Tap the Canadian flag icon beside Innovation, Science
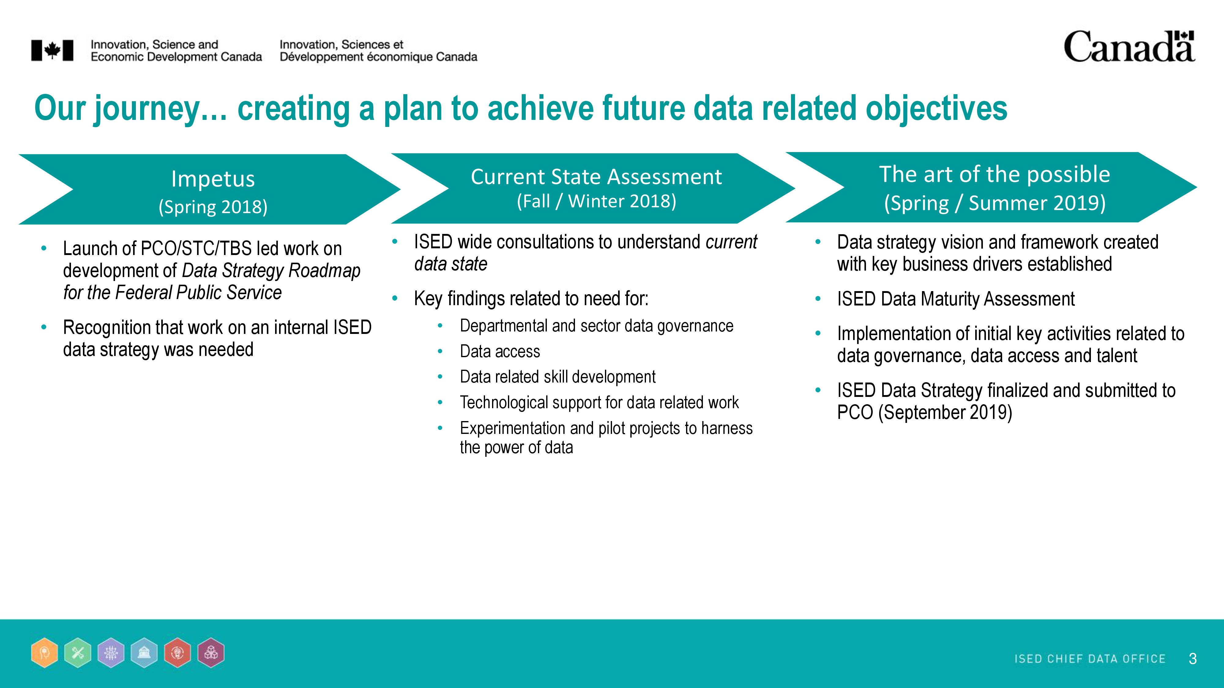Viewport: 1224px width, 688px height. (x=52, y=50)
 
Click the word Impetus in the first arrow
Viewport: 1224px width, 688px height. (x=213, y=179)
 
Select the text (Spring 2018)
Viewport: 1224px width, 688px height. (x=213, y=206)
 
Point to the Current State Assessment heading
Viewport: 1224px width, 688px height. (x=596, y=177)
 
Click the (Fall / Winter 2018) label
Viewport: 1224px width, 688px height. (x=596, y=201)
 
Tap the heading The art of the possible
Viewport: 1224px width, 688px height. (x=994, y=174)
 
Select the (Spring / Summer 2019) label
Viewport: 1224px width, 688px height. (x=994, y=203)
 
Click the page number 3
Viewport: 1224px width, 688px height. (x=1192, y=659)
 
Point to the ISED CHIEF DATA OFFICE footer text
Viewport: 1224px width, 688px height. (x=1090, y=659)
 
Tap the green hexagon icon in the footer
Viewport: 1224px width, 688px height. (x=78, y=653)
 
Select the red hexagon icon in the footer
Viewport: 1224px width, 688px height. (x=177, y=653)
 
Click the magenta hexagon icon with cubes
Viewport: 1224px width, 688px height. (x=211, y=653)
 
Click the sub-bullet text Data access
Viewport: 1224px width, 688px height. (x=500, y=351)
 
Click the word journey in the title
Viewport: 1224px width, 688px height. (x=146, y=109)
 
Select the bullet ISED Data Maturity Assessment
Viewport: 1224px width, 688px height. (x=956, y=299)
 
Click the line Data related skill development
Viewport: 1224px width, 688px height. (x=557, y=377)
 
